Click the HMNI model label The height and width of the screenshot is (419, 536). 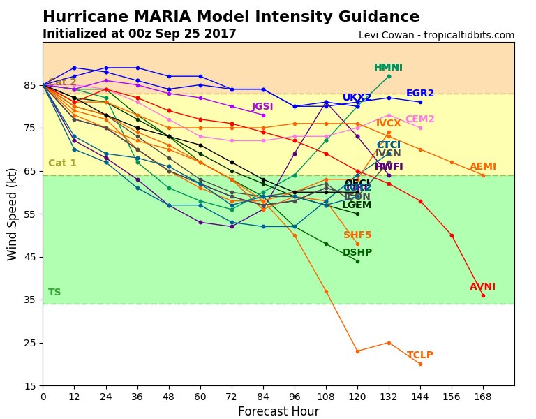coord(388,68)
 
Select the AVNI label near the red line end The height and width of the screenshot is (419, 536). coord(482,287)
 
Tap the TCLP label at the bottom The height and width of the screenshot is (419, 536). coord(420,355)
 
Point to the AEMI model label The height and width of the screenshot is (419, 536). coord(482,167)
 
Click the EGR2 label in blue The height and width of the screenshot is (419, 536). coord(420,94)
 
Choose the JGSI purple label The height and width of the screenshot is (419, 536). coord(262,107)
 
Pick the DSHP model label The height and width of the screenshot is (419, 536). coord(357,253)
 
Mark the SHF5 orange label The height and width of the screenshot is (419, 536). coord(357,235)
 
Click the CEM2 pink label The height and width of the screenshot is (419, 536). coord(420,119)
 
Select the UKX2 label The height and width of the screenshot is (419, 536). coord(357,98)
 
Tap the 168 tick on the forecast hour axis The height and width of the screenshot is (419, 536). coord(483,396)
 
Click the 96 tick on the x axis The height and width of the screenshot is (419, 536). coord(295,396)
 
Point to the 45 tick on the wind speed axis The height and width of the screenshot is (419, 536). coord(30,257)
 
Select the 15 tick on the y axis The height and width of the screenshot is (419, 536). coord(30,385)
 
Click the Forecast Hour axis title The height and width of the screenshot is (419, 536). coord(278,411)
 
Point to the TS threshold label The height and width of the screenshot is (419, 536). coord(54,293)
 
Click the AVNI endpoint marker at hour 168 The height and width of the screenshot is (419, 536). coord(483,295)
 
